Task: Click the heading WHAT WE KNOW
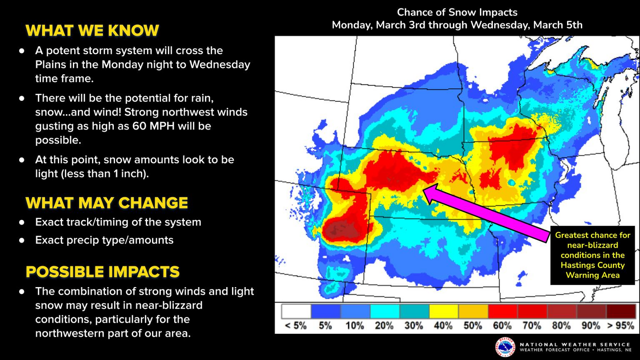coord(92,30)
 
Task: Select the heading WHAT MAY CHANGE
coord(107,203)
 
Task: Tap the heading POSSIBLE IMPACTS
coord(103,272)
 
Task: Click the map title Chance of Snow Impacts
coord(457,12)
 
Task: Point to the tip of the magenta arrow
coord(424,189)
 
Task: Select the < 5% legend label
coord(295,326)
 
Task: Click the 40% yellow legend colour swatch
coord(443,311)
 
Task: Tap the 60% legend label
coord(502,326)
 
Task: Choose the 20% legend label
coord(384,326)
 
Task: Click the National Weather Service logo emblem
coord(505,347)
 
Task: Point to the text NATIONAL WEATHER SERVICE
coord(575,344)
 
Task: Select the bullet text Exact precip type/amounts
coord(104,240)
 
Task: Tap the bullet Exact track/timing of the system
coord(118,222)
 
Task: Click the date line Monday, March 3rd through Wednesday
coord(457,25)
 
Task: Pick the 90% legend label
coord(591,326)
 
